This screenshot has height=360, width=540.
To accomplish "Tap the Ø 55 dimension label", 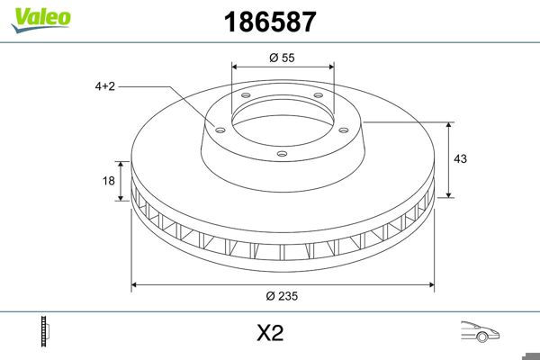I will tap(283, 57).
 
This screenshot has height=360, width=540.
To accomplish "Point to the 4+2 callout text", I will tap(104, 86).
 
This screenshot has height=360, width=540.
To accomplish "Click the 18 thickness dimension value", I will tap(109, 181).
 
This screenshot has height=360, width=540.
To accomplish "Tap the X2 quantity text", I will tap(270, 333).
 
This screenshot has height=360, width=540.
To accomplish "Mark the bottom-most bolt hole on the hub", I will tap(282, 154).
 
